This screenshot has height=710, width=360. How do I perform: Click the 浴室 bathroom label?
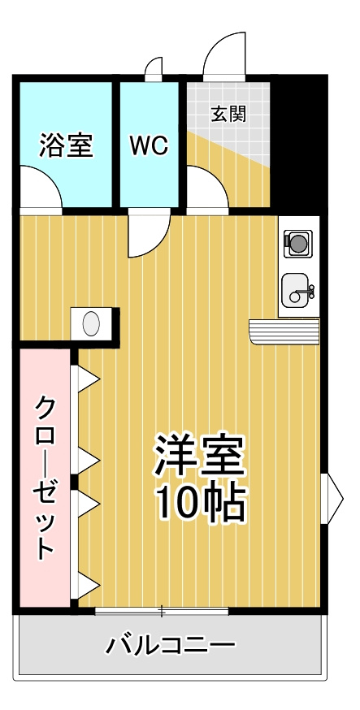[66, 145]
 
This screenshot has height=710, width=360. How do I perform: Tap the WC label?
[149, 145]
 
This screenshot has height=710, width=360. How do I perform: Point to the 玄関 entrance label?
[228, 115]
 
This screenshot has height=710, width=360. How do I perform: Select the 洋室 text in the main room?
[200, 455]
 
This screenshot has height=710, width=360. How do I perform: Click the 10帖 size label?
[201, 504]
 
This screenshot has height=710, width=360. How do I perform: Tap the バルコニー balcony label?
[171, 644]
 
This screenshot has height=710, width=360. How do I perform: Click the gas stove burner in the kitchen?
[297, 244]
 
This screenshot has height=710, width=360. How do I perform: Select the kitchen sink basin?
[296, 290]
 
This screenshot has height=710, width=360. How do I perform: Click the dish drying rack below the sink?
[284, 331]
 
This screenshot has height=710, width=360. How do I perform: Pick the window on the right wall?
[332, 499]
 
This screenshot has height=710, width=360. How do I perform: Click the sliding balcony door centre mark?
[162, 612]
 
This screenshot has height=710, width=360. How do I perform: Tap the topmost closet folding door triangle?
[89, 378]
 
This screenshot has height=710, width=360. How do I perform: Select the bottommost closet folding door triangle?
[89, 586]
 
